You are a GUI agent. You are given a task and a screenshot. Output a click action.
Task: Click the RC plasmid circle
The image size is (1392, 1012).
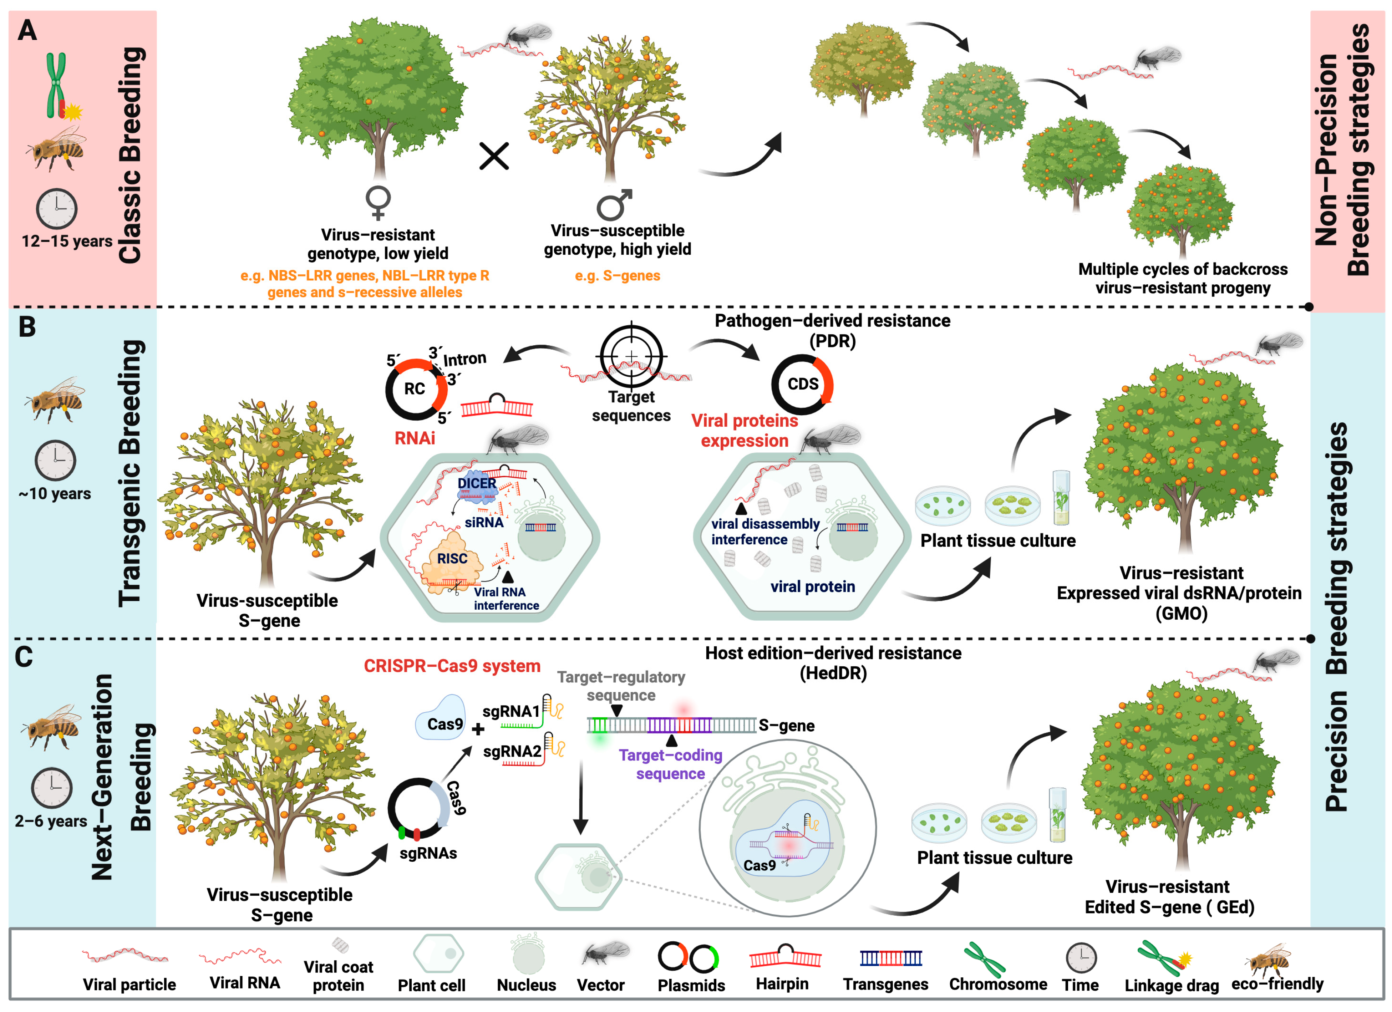tap(416, 389)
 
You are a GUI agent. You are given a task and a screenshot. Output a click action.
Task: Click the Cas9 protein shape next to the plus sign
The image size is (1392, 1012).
tap(441, 718)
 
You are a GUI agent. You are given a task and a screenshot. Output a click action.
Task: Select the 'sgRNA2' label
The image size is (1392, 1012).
tap(512, 752)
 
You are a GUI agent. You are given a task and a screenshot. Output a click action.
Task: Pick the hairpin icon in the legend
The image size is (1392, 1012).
tap(785, 956)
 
